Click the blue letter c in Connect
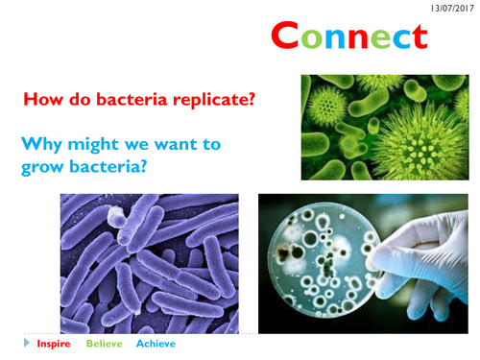coord(396,37)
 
